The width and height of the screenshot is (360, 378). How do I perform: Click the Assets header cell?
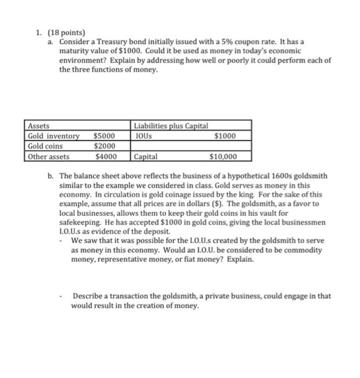(38, 126)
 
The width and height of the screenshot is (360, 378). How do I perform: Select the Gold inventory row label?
(53, 136)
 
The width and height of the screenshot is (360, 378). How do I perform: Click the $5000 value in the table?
(104, 136)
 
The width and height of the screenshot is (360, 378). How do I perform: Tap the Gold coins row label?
(45, 146)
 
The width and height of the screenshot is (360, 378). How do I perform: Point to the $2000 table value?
(104, 146)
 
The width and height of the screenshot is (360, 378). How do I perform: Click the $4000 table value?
(104, 157)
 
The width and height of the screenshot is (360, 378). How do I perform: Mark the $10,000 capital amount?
(222, 157)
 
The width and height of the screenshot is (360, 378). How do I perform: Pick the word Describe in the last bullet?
(88, 296)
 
